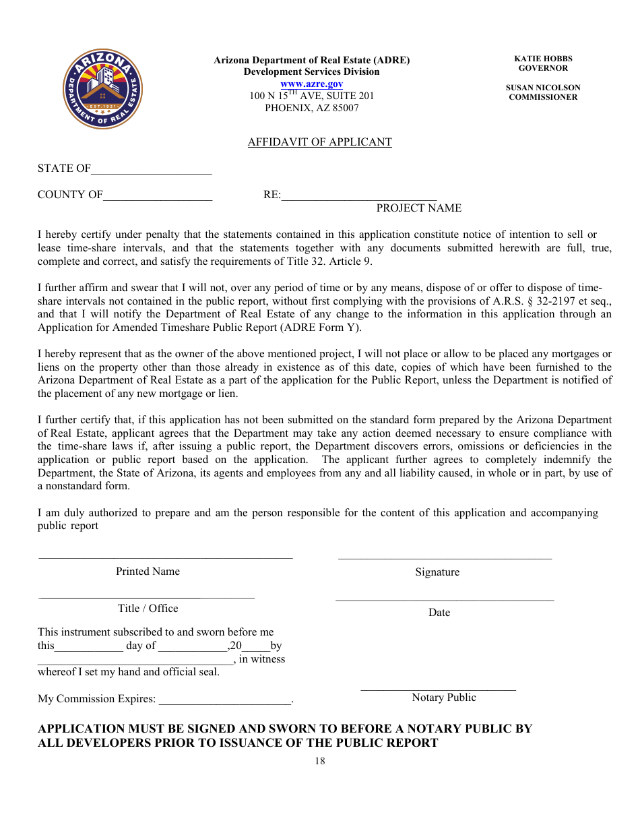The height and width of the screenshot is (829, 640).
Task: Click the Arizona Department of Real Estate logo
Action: click(102, 89)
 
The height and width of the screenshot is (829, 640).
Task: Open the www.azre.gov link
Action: click(311, 84)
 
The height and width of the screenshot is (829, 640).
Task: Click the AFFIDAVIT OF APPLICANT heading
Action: click(319, 142)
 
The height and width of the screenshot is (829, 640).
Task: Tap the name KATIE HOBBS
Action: click(543, 59)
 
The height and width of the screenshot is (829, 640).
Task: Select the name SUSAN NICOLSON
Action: click(543, 88)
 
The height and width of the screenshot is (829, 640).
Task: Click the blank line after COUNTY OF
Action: click(158, 199)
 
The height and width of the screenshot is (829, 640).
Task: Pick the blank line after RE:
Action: click(359, 199)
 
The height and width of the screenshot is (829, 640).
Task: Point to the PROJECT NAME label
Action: click(418, 208)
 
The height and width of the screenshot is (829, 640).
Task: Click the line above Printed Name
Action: click(166, 557)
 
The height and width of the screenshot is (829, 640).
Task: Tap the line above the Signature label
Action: click(445, 558)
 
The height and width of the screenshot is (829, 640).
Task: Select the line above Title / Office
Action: click(147, 597)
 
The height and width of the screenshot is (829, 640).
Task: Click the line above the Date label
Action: click(445, 599)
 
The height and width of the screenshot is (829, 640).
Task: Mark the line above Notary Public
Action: click(438, 689)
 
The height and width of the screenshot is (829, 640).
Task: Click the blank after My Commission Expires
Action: click(224, 703)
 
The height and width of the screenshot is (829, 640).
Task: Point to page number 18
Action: click(319, 761)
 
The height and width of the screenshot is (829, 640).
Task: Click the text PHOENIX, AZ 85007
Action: click(311, 108)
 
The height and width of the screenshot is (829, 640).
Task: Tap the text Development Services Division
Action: click(311, 71)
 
